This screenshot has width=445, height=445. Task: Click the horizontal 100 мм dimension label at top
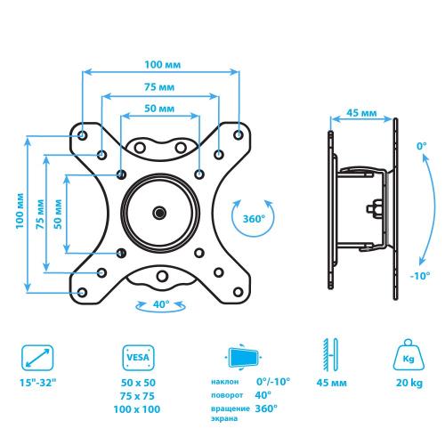click(162, 65)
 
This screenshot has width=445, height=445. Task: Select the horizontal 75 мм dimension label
click(159, 87)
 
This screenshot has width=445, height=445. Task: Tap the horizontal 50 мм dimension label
click(159, 109)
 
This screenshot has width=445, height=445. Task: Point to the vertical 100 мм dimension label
click(20, 211)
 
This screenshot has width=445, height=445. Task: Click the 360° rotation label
click(254, 219)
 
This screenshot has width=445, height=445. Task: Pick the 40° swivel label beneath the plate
click(161, 304)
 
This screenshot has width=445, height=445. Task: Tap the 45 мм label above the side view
click(361, 113)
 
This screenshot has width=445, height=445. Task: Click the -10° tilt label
click(420, 276)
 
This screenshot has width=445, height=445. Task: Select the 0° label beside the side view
click(422, 146)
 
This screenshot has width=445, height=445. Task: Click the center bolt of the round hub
click(159, 213)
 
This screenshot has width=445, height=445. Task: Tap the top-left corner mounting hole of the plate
click(82, 135)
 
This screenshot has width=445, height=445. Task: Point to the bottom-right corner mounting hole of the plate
click(238, 292)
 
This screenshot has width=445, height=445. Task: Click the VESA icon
click(138, 358)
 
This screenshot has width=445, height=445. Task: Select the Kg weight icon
click(409, 355)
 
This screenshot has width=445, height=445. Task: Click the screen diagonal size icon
click(37, 358)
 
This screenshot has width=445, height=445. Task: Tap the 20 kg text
click(409, 383)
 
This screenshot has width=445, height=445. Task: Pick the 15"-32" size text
click(37, 383)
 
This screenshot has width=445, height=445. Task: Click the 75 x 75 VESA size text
click(137, 396)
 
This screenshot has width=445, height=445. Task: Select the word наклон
click(225, 382)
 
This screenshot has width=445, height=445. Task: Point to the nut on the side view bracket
click(374, 208)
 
